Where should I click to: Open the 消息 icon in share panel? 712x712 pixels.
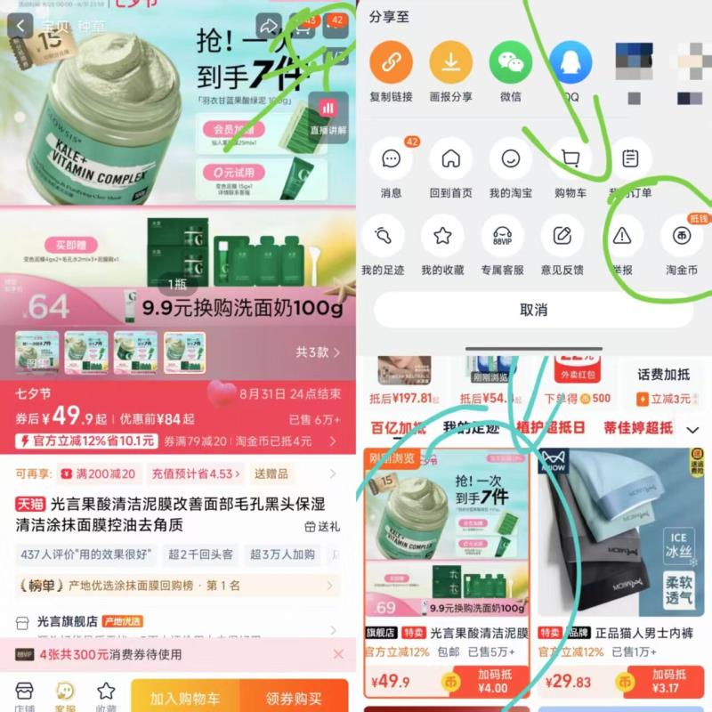click(x=391, y=159)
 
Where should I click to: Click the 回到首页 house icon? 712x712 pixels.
click(x=451, y=159)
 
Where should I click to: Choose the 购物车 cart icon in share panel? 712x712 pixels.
click(x=570, y=159)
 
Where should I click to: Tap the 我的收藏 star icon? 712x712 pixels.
click(x=442, y=236)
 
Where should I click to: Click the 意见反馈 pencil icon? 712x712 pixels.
click(x=562, y=236)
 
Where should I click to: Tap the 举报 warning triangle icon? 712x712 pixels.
click(x=622, y=236)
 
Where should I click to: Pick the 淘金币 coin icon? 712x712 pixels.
click(x=682, y=236)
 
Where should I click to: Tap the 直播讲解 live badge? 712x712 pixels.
click(x=328, y=116)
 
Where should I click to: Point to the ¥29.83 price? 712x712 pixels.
click(x=570, y=681)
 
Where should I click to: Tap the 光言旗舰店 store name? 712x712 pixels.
click(x=67, y=621)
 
